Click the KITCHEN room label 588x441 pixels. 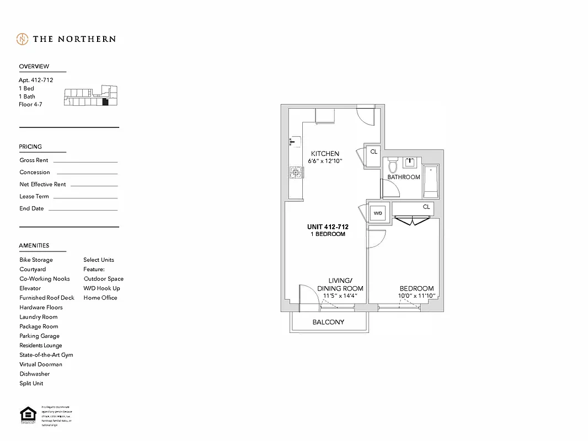coord(325,154)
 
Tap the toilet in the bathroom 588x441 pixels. coord(393,165)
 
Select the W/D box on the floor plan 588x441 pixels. coord(378,213)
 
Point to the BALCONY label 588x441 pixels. coord(328,322)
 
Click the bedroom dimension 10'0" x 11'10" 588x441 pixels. coord(416,296)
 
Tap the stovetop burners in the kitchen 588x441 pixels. coord(295,174)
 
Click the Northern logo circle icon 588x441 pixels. coord(22,39)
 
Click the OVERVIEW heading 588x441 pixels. coord(34,67)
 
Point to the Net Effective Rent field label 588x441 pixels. coord(42,185)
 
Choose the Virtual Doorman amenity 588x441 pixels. coord(41,364)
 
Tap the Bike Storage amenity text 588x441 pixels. coord(36,260)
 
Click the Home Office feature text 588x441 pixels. coord(100,298)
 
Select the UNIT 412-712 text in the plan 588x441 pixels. coord(328,227)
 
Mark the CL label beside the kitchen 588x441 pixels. coord(373,152)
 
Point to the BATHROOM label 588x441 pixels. coord(404,178)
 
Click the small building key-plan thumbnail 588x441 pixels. coord(91,97)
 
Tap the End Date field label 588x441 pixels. coord(31,209)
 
